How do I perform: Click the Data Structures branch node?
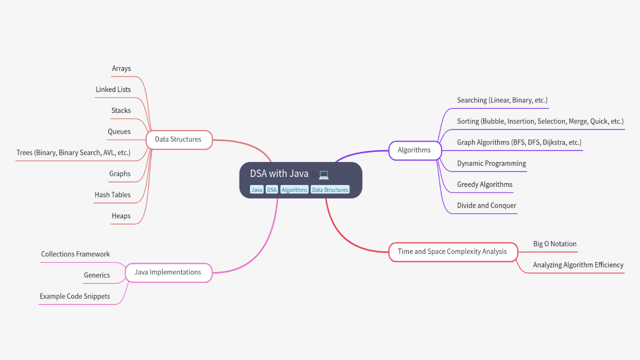[x=178, y=139]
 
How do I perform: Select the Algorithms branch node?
[x=414, y=150]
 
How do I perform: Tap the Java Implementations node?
[x=167, y=272]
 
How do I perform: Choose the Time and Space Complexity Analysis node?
[x=452, y=251]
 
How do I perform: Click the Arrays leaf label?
[x=121, y=68]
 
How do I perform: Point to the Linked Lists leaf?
[x=113, y=89]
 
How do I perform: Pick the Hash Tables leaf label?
[x=112, y=195]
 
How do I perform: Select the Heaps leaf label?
[x=121, y=216]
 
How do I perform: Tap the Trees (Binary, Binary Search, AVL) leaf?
[x=73, y=152]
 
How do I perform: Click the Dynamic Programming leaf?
[x=491, y=163]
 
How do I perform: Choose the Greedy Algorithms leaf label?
[x=484, y=184]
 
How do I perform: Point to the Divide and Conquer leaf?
[x=486, y=205]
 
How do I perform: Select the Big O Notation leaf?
[x=554, y=244]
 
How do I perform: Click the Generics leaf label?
[x=97, y=275]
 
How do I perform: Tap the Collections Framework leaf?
[x=75, y=254]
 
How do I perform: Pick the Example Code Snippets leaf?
[x=75, y=296]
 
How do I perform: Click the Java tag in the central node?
[x=256, y=190]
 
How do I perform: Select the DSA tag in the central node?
[x=271, y=190]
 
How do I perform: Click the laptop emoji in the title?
[x=324, y=174]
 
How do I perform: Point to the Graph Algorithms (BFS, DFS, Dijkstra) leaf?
[x=519, y=142]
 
